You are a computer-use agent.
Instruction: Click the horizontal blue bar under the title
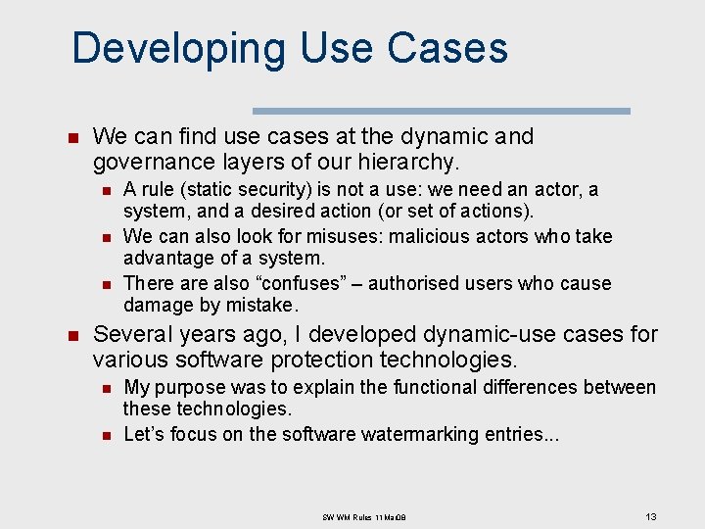pos(441,112)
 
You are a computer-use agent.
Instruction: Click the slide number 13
pos(650,515)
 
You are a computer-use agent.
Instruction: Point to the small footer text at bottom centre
pos(363,516)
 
